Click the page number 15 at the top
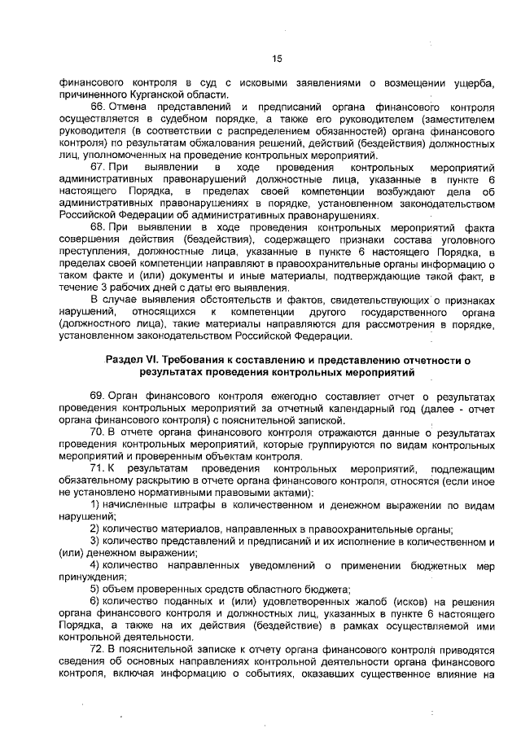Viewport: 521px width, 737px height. (x=277, y=58)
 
